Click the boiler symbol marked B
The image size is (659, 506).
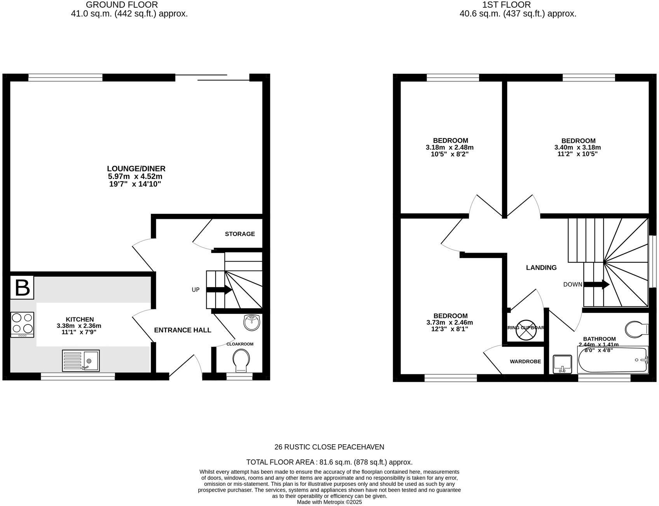point(22,288)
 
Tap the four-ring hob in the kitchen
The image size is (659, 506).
point(22,324)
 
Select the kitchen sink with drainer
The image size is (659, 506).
point(81,360)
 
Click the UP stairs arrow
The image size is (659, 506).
point(219,289)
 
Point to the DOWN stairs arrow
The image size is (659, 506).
point(596,284)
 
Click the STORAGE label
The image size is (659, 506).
point(240,234)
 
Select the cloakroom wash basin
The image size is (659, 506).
point(252,322)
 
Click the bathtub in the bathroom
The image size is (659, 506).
point(613,360)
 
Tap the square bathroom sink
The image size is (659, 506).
point(563,364)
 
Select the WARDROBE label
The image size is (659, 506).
point(525,362)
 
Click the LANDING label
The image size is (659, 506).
point(541,268)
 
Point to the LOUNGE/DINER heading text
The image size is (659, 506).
point(136,169)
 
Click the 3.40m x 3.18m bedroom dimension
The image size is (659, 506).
point(577,147)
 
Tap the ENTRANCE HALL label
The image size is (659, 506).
point(183,330)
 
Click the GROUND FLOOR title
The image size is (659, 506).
point(122,5)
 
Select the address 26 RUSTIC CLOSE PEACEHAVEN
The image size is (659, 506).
point(329,447)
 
